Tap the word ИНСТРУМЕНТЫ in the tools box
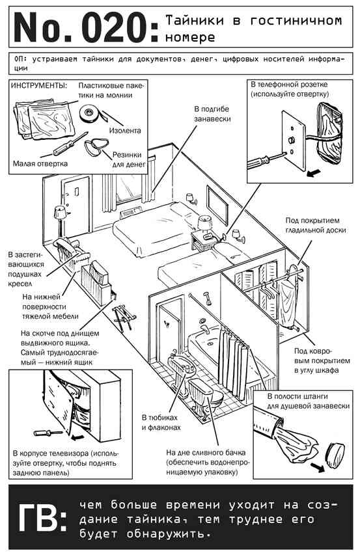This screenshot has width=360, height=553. [x=39, y=86]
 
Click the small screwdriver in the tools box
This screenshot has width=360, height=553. [x=64, y=144]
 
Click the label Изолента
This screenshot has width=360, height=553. [x=124, y=131]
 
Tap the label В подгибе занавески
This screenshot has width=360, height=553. [x=212, y=114]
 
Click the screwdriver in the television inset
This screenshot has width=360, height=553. [x=48, y=433]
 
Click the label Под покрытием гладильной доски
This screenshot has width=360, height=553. [x=315, y=225]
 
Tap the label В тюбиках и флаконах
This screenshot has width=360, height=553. [x=161, y=422]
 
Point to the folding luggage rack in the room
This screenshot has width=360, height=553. [x=124, y=319]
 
